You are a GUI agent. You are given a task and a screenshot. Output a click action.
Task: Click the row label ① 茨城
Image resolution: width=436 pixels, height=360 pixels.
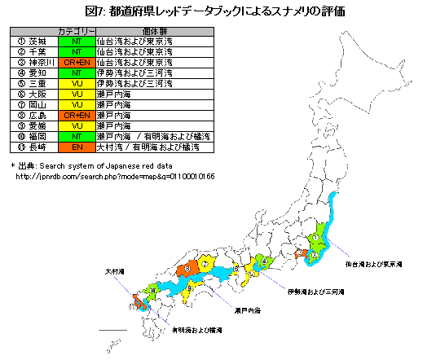click(x=32, y=40)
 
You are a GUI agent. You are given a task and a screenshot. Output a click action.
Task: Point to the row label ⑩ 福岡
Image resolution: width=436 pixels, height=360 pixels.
click(x=32, y=137)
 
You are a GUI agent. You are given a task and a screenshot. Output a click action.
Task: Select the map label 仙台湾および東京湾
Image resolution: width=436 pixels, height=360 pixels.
click(x=373, y=264)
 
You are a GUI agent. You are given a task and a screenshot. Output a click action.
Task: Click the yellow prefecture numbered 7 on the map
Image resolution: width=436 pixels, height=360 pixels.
click(x=206, y=265)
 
